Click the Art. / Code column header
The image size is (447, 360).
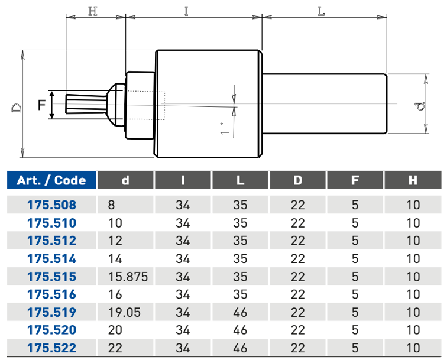click(x=51, y=180)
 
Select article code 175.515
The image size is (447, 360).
click(x=51, y=277)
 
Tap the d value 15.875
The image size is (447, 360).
click(x=128, y=277)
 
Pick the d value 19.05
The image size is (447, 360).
click(x=125, y=312)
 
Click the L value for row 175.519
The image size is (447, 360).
click(x=240, y=312)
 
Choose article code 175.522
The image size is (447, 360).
click(x=51, y=348)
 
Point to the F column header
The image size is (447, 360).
click(x=355, y=180)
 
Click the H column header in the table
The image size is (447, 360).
click(x=413, y=180)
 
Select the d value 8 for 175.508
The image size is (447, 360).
click(x=112, y=205)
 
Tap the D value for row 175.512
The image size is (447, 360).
click(x=297, y=241)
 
